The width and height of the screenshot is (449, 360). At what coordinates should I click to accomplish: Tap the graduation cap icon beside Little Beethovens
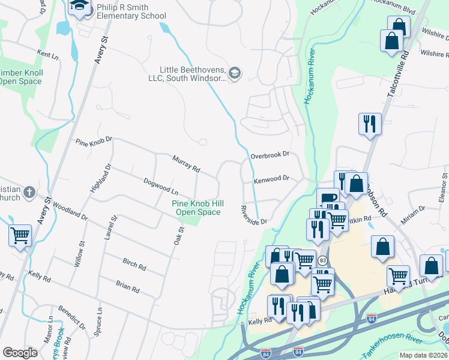[x=235, y=74]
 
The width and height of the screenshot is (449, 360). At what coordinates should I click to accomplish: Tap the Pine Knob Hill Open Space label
[x=196, y=208]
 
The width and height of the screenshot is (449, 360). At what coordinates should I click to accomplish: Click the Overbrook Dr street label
[x=270, y=154]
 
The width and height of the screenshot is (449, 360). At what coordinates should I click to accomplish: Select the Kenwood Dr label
[x=271, y=178]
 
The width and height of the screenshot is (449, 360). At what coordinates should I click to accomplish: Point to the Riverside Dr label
[x=253, y=215]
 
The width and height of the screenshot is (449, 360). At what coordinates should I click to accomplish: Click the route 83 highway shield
[x=323, y=260]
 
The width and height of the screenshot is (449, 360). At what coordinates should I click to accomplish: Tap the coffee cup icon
[x=327, y=199]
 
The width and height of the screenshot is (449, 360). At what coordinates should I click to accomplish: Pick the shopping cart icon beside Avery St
[x=20, y=235]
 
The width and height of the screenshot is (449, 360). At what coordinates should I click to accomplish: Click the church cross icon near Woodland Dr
[x=29, y=193]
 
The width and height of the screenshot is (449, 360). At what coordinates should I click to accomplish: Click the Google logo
[x=20, y=353]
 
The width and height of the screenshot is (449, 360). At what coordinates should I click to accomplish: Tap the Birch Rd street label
[x=134, y=264]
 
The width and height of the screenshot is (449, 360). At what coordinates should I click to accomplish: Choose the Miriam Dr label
[x=413, y=215]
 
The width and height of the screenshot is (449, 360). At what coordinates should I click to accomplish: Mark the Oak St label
[x=178, y=232]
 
